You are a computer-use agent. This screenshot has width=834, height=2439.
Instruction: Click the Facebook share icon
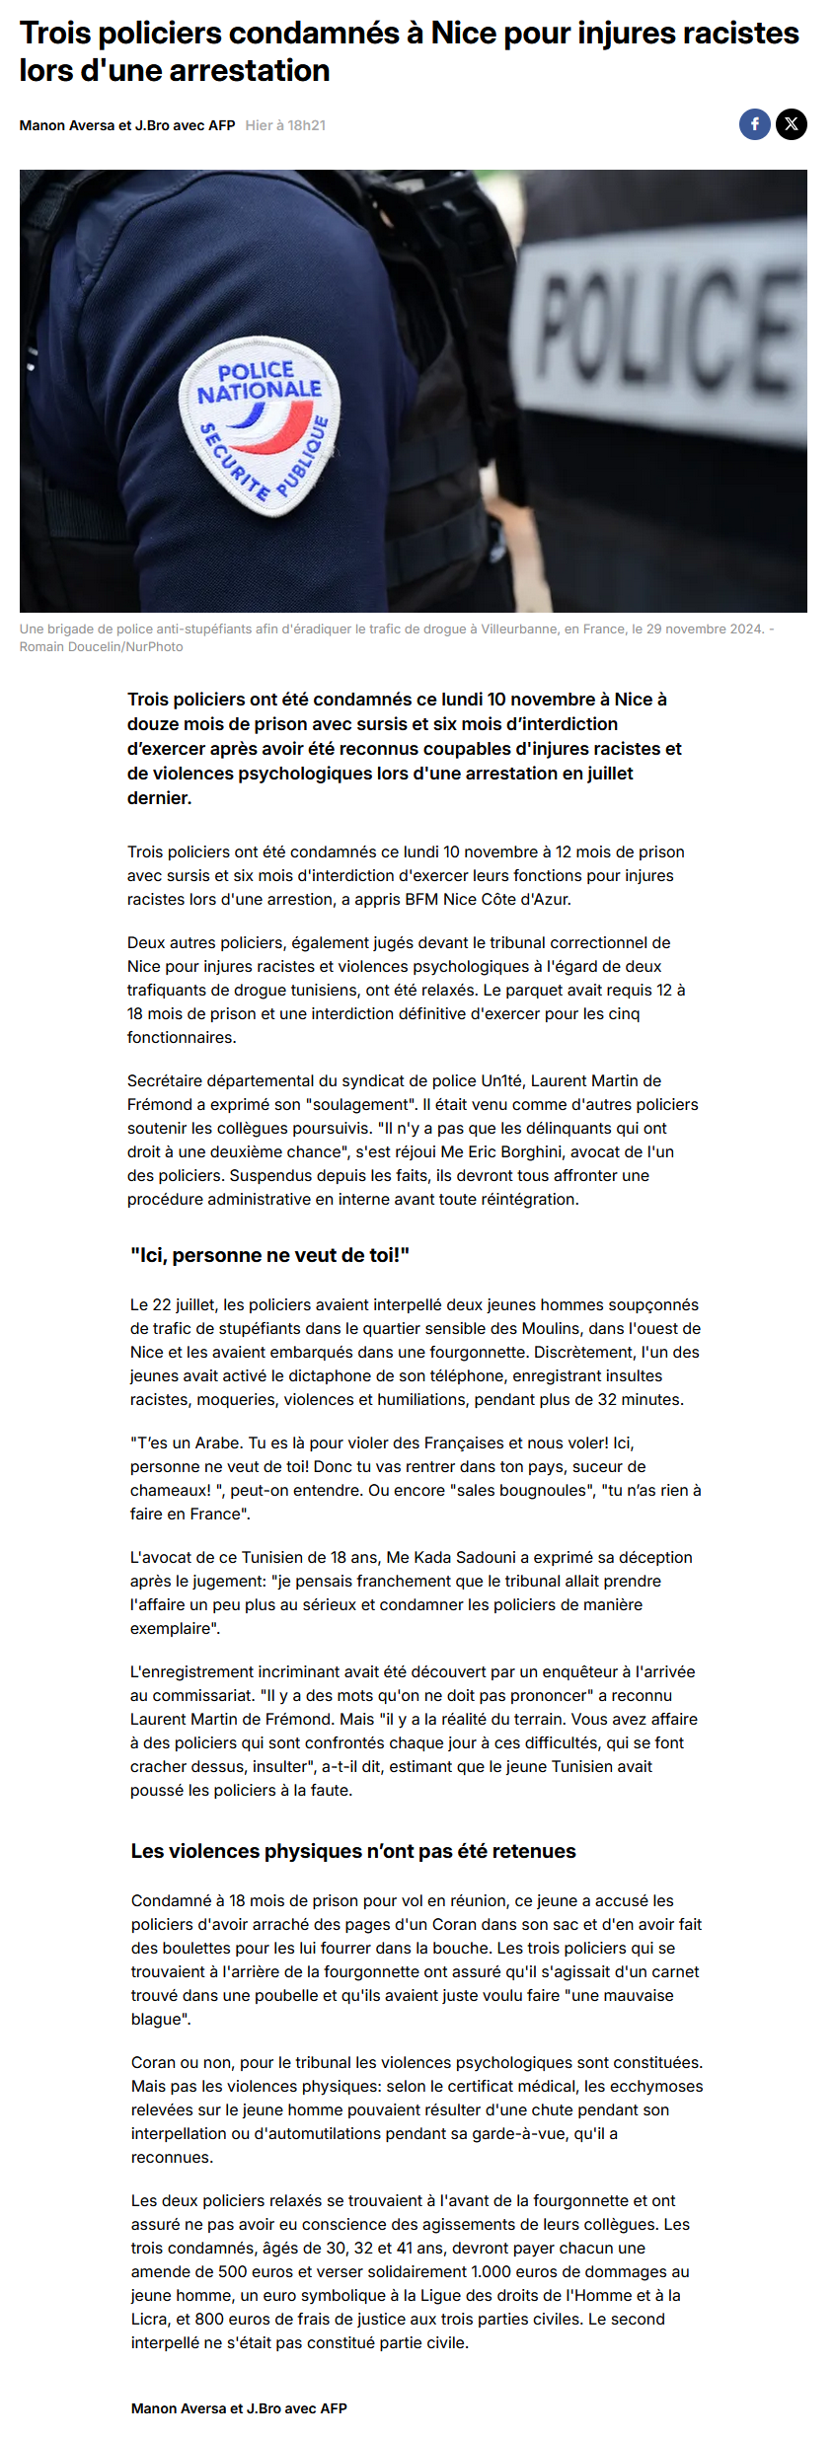pos(755,124)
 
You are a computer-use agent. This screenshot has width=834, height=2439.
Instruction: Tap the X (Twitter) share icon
pos(791,124)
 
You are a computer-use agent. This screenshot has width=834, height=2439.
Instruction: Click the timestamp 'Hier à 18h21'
pos(285,125)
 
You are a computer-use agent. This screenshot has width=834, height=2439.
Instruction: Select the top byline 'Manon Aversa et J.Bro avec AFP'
pos(127,125)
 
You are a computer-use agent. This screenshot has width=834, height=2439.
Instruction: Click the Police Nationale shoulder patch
pos(260,425)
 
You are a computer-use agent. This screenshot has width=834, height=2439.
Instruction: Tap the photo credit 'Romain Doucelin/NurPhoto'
pos(101,647)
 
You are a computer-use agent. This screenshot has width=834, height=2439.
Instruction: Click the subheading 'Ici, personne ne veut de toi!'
pos(269,1255)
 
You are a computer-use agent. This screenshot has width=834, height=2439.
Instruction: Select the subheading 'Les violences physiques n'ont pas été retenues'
pos(353,1851)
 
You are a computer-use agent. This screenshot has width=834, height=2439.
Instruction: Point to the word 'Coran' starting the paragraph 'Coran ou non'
pos(153,2062)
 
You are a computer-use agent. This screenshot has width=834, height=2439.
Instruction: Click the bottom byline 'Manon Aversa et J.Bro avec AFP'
pos(239,2408)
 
